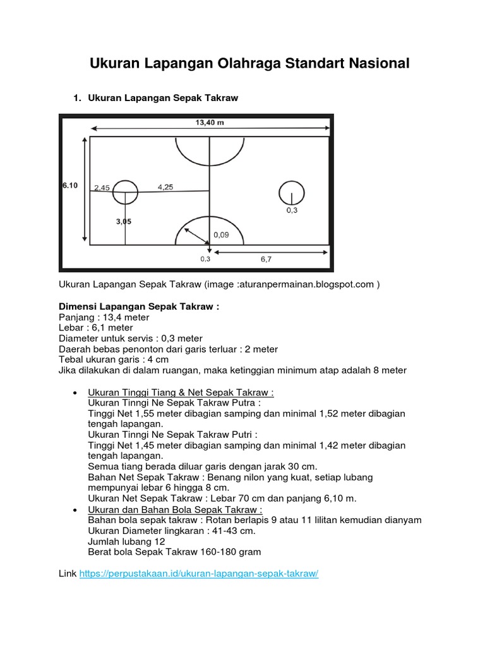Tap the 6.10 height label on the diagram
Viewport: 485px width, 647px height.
tap(69, 185)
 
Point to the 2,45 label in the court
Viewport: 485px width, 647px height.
tap(102, 188)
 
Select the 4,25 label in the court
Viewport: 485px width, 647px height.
tap(165, 187)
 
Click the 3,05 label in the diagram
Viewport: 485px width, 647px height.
tap(124, 222)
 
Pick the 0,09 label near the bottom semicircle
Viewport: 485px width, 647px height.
tap(221, 235)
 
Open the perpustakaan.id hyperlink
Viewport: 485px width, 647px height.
tap(199, 574)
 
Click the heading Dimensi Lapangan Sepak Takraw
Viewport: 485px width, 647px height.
tap(139, 306)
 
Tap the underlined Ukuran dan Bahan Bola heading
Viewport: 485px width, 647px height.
tap(175, 509)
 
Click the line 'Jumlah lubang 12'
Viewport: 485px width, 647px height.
tap(126, 541)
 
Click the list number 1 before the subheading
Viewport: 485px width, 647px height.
tap(76, 98)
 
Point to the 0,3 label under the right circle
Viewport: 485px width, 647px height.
tap(291, 211)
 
